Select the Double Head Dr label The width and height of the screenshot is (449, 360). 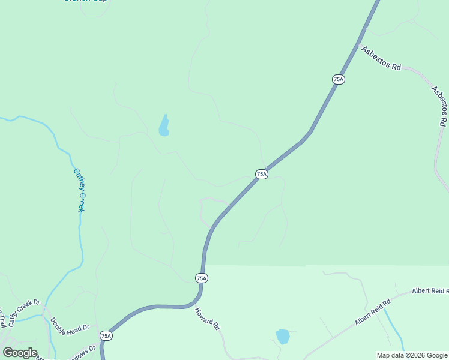point(69,324)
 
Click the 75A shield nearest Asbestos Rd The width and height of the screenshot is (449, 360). point(338,79)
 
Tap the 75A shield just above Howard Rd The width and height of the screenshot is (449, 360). point(201,278)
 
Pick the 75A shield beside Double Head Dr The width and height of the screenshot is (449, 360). point(106,336)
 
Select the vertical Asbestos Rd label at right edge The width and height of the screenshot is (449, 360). point(439,106)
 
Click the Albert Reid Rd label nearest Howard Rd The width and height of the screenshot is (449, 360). point(372,312)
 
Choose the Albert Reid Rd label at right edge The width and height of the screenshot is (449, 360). point(430,290)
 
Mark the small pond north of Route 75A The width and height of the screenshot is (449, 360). point(163,126)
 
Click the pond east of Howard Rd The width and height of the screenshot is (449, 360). point(282,336)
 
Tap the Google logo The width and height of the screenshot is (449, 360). point(19,353)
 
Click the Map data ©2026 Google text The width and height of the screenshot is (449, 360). point(412,355)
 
